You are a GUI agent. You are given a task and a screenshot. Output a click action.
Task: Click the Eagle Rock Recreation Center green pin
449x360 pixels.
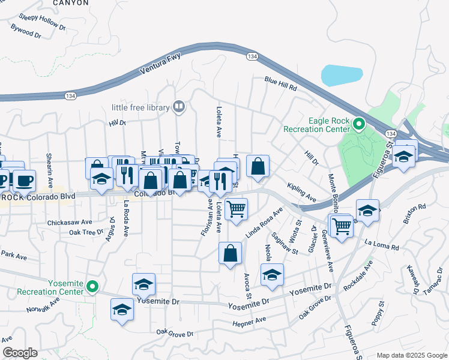[x=359, y=125]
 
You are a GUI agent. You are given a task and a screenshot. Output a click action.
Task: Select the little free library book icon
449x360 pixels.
[x=179, y=107]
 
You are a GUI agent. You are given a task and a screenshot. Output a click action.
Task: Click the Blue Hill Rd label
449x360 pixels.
[x=280, y=83]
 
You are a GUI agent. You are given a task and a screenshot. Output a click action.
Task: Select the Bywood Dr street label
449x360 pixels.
[x=26, y=31]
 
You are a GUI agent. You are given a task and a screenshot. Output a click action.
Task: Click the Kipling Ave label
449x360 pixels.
[x=301, y=192]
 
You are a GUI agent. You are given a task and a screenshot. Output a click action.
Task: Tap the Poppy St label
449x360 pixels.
[x=378, y=316]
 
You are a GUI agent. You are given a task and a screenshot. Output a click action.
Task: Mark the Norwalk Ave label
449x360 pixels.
[x=43, y=305]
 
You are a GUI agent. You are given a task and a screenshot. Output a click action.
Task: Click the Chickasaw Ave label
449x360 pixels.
[x=70, y=222]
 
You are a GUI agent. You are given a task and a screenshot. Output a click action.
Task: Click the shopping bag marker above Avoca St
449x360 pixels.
[x=230, y=253]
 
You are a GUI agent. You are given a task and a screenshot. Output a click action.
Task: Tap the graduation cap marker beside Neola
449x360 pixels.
[x=272, y=274]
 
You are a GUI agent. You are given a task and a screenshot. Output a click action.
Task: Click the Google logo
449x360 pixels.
[x=20, y=353]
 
